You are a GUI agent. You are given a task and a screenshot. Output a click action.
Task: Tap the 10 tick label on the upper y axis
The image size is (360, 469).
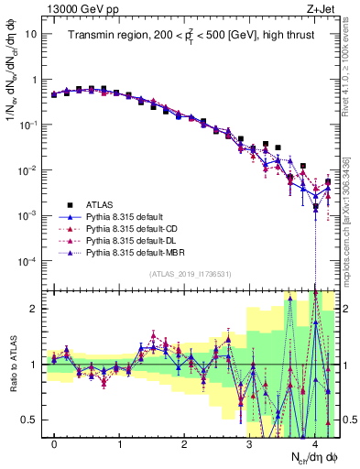[x=31, y=34]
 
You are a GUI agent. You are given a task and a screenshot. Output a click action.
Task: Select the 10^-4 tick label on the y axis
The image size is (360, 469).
[x=28, y=261]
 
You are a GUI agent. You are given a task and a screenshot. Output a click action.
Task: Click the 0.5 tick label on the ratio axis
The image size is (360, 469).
[x=29, y=420]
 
